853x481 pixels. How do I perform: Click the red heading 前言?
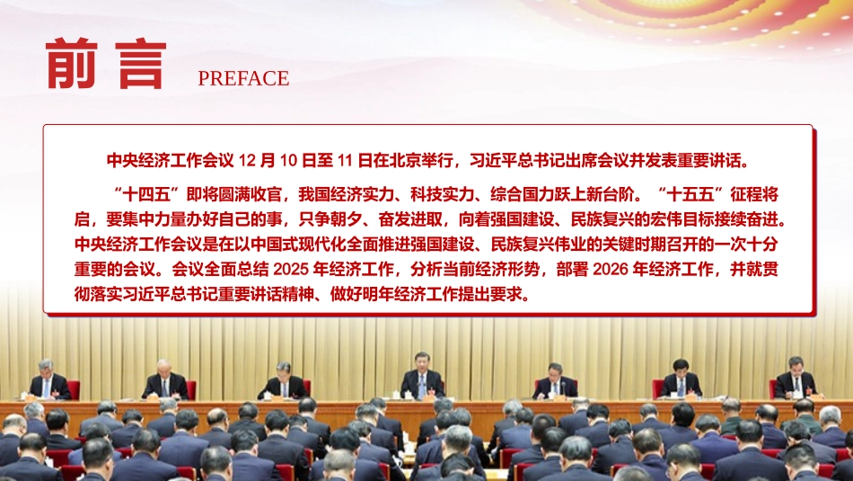pyautogui.click(x=106, y=65)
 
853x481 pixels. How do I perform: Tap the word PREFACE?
pyautogui.click(x=243, y=78)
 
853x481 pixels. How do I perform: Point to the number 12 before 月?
pyautogui.click(x=250, y=161)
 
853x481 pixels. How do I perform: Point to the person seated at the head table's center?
pyautogui.click(x=421, y=378)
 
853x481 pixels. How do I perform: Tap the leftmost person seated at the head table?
pyautogui.click(x=48, y=381)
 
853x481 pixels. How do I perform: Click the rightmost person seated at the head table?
pyautogui.click(x=795, y=379)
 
